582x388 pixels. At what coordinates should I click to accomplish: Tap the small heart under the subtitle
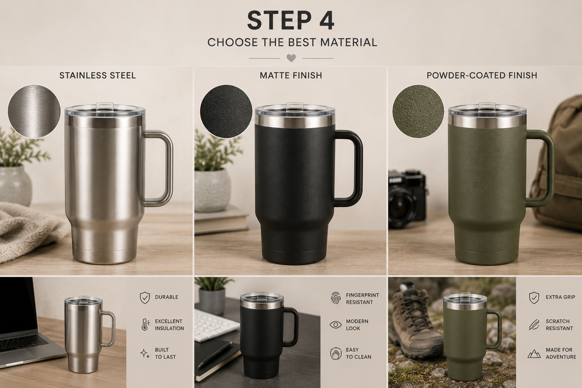pyautogui.click(x=291, y=58)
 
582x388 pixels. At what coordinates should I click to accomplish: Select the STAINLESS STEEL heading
pyautogui.click(x=97, y=76)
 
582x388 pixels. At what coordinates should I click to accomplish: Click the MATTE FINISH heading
pyautogui.click(x=291, y=76)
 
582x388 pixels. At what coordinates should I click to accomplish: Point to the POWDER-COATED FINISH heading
pyautogui.click(x=482, y=76)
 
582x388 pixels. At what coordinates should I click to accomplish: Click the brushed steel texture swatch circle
pyautogui.click(x=34, y=111)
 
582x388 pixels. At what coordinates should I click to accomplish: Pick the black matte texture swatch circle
pyautogui.click(x=226, y=111)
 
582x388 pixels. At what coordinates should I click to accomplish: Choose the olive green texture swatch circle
pyautogui.click(x=418, y=111)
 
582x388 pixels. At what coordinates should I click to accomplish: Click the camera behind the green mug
pyautogui.click(x=407, y=199)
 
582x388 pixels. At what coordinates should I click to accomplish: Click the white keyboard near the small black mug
pyautogui.click(x=217, y=325)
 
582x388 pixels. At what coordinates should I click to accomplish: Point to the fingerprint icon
pyautogui.click(x=335, y=298)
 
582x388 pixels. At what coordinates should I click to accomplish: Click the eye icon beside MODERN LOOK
pyautogui.click(x=335, y=325)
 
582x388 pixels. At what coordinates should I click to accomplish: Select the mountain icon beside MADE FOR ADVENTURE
pyautogui.click(x=534, y=354)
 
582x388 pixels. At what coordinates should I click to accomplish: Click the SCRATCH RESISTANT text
pyautogui.click(x=559, y=325)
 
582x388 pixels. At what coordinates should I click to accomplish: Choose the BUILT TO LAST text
pyautogui.click(x=165, y=354)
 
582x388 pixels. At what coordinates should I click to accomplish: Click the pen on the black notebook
pyautogui.click(x=214, y=354)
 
